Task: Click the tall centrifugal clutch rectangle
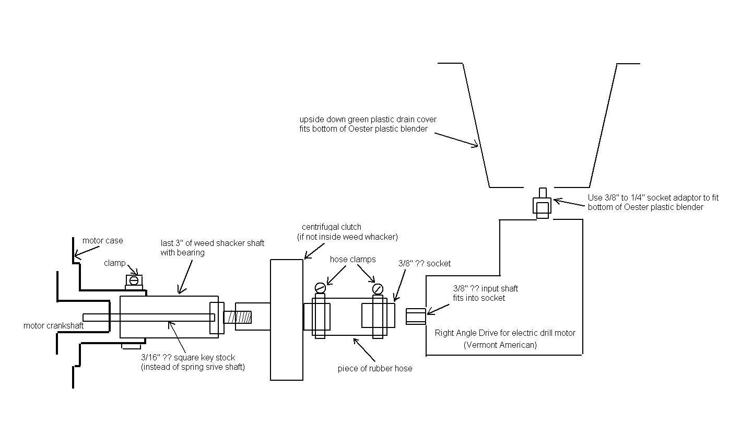pos(286,320)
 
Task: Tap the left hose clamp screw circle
pos(320,287)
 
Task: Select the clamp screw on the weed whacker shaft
pos(134,280)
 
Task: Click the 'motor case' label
pos(103,241)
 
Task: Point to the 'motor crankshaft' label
pos(53,325)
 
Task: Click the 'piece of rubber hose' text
pos(375,368)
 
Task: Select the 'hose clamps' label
pos(352,259)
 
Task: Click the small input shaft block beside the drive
pos(416,316)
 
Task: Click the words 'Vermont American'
pos(500,345)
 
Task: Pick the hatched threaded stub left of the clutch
pos(238,317)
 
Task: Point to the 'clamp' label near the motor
pos(114,263)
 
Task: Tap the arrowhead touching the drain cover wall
pos(476,146)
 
